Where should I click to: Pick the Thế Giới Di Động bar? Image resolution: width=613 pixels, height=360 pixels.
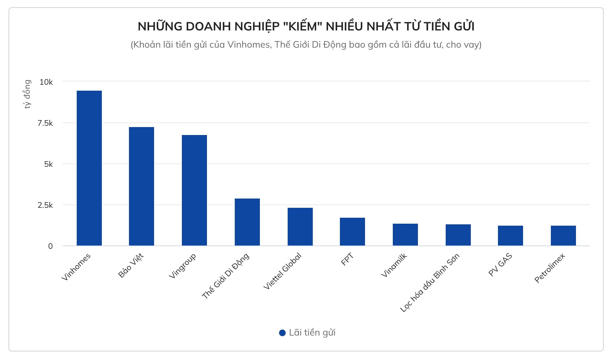tap(247, 222)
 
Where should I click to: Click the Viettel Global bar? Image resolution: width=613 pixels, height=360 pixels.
tap(300, 227)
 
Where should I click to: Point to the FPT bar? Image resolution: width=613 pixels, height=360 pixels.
tap(352, 232)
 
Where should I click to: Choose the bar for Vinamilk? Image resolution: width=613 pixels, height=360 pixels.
tap(405, 235)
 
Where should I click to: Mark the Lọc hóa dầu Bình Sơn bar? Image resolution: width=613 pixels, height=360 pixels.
tap(458, 235)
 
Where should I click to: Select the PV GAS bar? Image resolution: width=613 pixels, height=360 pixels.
tap(511, 236)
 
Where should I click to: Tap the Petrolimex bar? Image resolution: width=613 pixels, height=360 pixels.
tap(563, 236)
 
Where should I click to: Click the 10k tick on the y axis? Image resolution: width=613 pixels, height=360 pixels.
tap(46, 82)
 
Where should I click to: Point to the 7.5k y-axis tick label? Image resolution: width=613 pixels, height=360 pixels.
tap(45, 123)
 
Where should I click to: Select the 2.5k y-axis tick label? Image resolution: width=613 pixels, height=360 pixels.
tap(45, 205)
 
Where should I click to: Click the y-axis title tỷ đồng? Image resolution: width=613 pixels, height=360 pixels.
tap(27, 94)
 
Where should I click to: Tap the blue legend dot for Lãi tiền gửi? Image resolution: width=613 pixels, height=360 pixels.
tap(282, 333)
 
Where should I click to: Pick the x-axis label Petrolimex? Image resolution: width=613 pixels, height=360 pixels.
tap(550, 268)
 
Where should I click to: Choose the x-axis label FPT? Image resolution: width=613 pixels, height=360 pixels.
tap(347, 259)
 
